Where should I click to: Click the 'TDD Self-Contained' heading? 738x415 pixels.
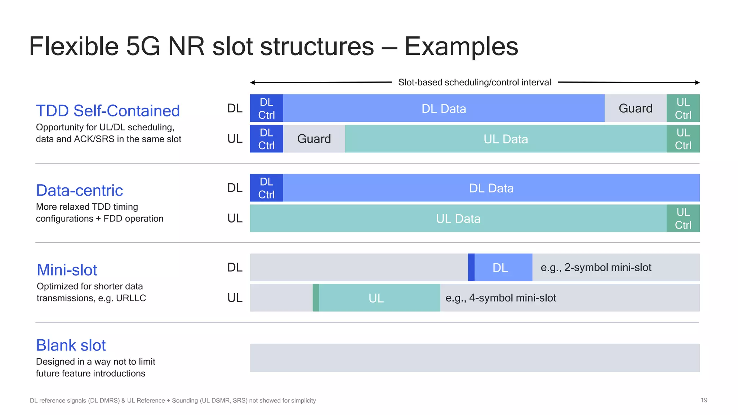(x=108, y=111)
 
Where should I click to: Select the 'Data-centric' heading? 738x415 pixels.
(x=80, y=190)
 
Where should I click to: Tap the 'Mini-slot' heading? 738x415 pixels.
(x=67, y=270)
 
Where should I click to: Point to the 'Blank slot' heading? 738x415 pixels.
(x=71, y=345)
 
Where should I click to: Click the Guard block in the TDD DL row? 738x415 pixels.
(x=635, y=108)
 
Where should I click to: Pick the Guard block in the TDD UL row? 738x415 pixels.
(x=314, y=139)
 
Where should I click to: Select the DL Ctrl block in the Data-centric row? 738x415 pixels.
(x=266, y=188)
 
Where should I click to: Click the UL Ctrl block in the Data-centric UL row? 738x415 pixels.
(x=683, y=218)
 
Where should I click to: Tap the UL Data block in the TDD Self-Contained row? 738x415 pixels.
(x=506, y=139)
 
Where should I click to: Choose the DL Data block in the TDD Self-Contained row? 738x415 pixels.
(x=444, y=108)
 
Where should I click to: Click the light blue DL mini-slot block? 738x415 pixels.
(x=503, y=267)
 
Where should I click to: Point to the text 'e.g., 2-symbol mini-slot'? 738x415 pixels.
(x=596, y=267)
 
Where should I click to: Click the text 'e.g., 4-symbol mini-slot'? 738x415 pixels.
(x=501, y=298)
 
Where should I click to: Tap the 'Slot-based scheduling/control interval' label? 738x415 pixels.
(x=475, y=82)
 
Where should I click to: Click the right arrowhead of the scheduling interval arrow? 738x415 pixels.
(x=697, y=82)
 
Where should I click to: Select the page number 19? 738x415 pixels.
(x=704, y=400)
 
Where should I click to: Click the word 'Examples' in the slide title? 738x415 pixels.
(x=461, y=46)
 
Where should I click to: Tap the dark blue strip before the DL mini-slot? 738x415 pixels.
(x=471, y=267)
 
